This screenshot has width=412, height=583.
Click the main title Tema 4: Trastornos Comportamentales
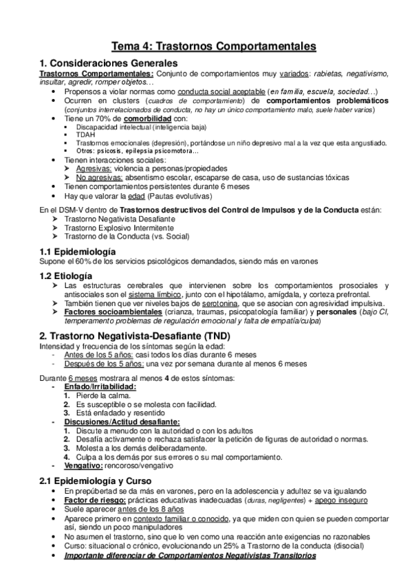[x=213, y=46]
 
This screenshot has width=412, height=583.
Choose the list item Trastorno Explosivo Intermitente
[x=120, y=228]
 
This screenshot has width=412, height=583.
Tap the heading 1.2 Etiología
[x=69, y=274]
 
